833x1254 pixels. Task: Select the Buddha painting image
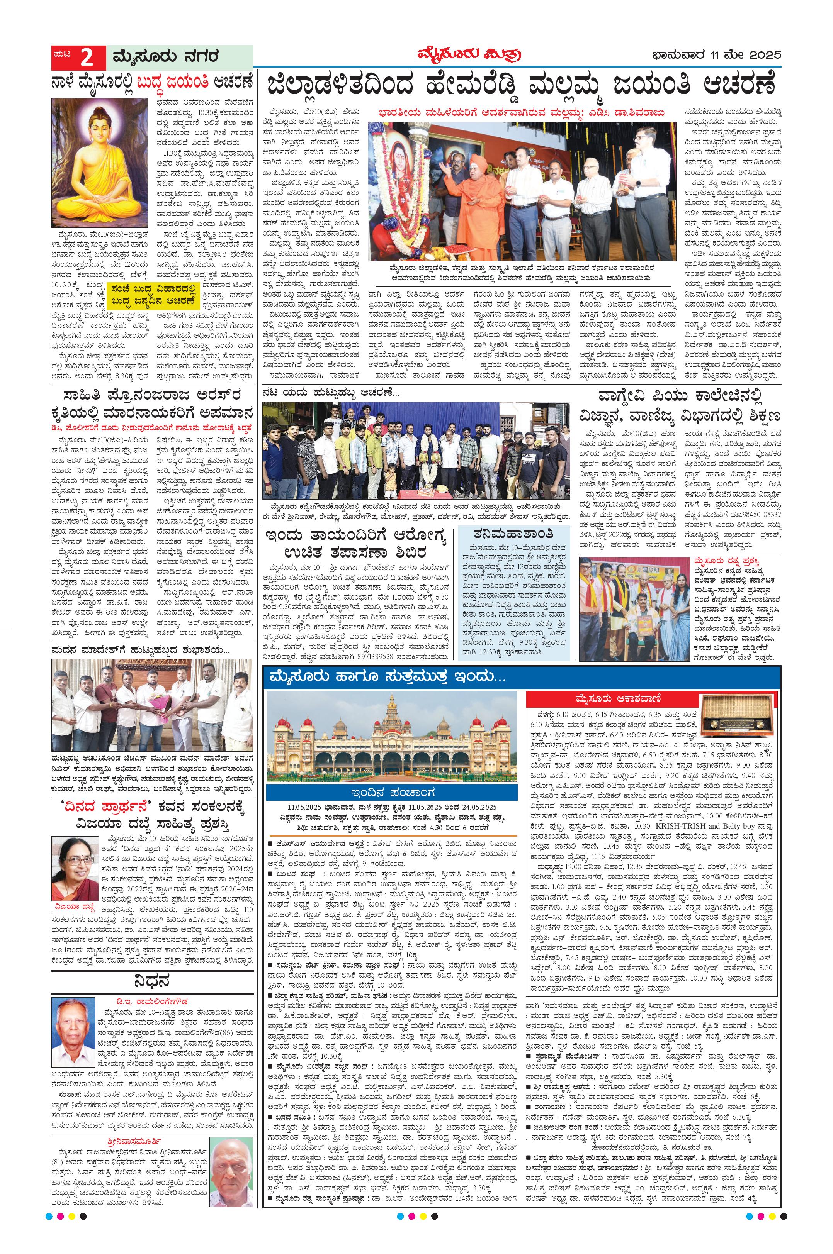pos(102,164)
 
